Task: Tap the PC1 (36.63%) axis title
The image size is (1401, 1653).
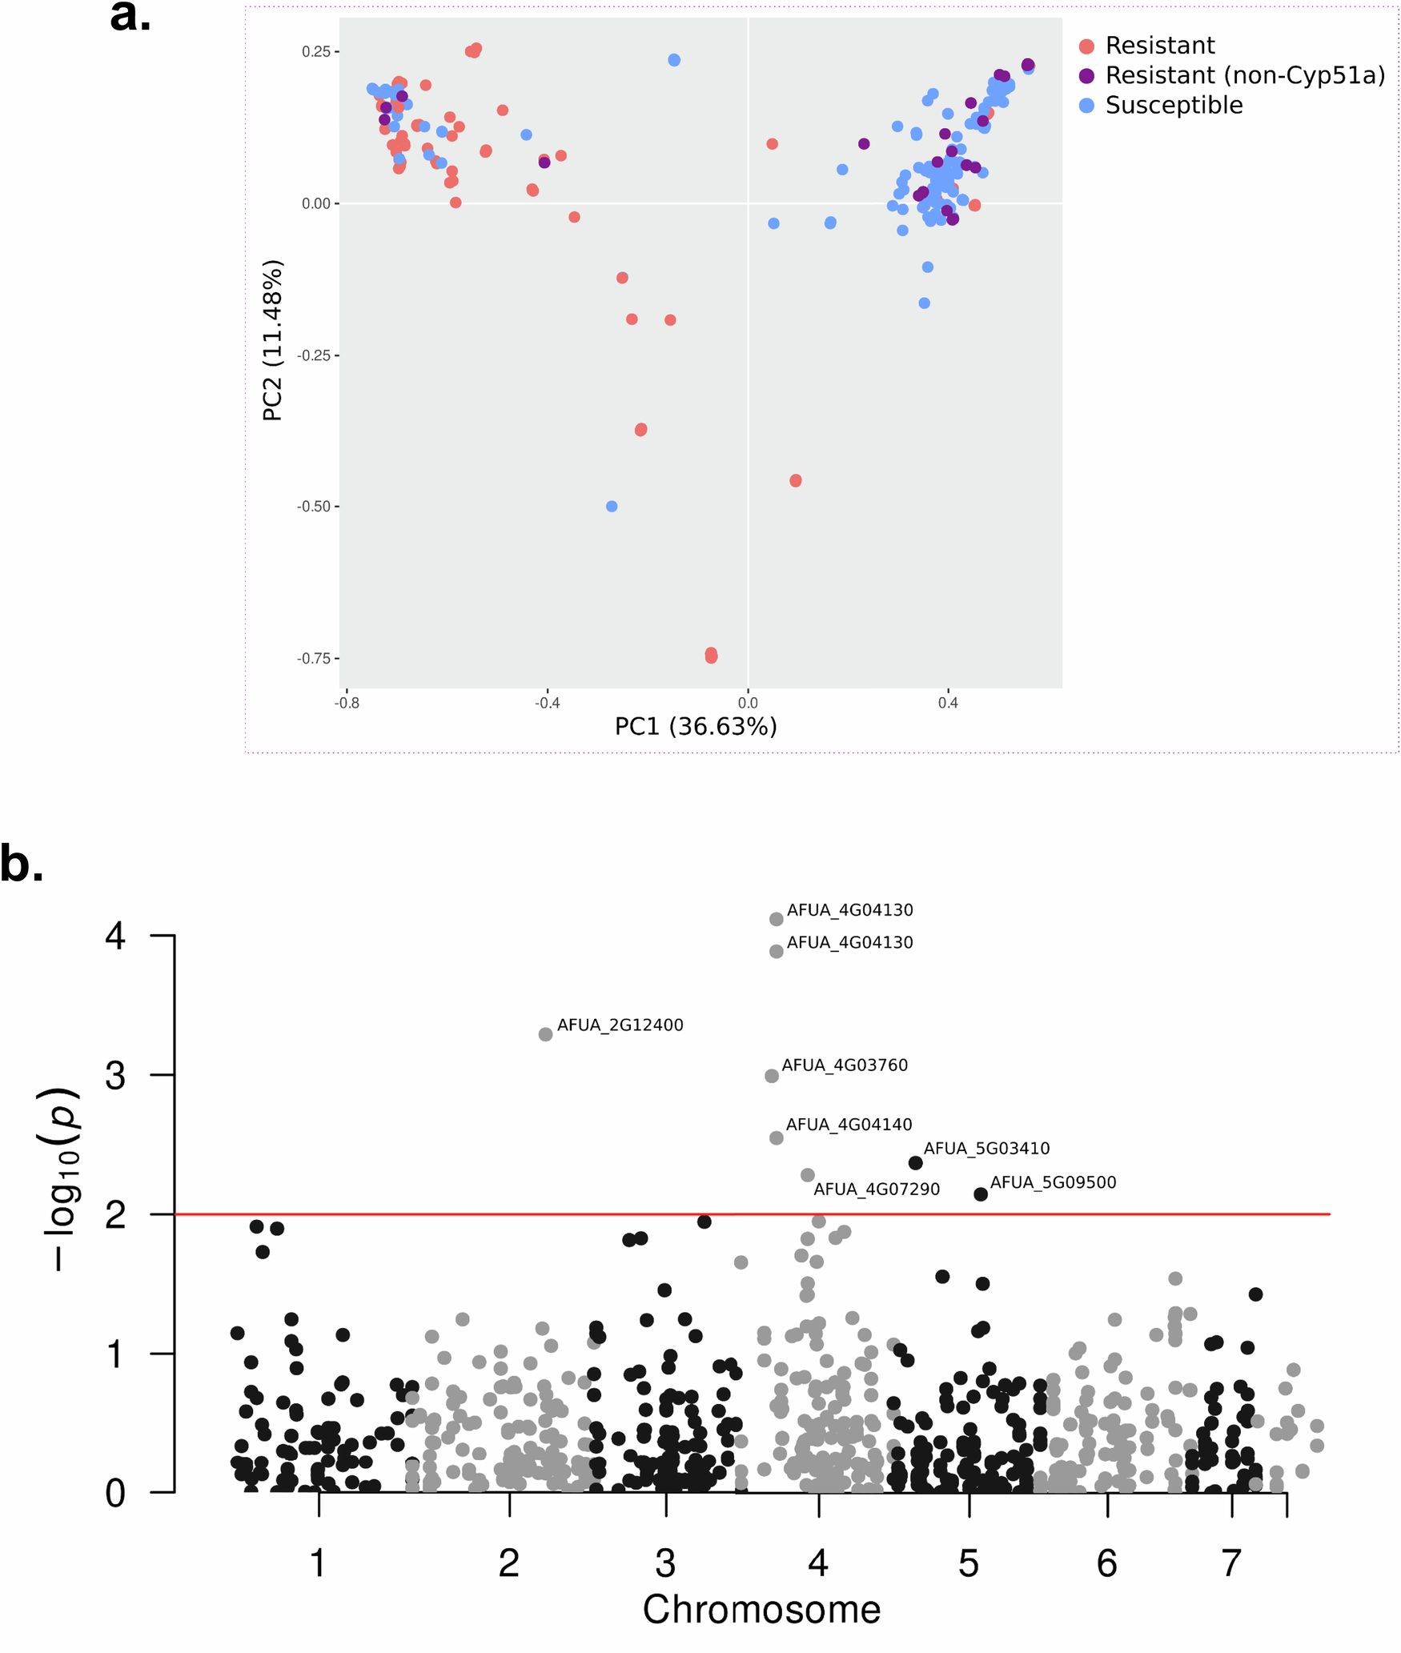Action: coord(695,726)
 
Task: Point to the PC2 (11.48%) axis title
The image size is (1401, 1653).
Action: coord(272,340)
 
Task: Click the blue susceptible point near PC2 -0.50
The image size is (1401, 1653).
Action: coord(612,506)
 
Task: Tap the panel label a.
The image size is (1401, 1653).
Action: coord(130,16)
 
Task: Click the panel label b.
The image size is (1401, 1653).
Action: coord(22,864)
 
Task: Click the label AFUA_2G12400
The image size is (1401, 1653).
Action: coord(620,1025)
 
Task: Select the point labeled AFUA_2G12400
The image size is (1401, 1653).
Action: coord(545,1034)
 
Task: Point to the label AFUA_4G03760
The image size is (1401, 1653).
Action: coord(844,1065)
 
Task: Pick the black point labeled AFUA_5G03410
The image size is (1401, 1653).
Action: coord(915,1162)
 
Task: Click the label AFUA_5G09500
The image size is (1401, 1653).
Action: coord(1052,1182)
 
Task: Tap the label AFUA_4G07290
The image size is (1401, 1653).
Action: coord(876,1189)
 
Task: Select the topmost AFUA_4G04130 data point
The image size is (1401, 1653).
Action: coord(776,919)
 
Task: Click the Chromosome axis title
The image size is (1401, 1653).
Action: coord(761,1609)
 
